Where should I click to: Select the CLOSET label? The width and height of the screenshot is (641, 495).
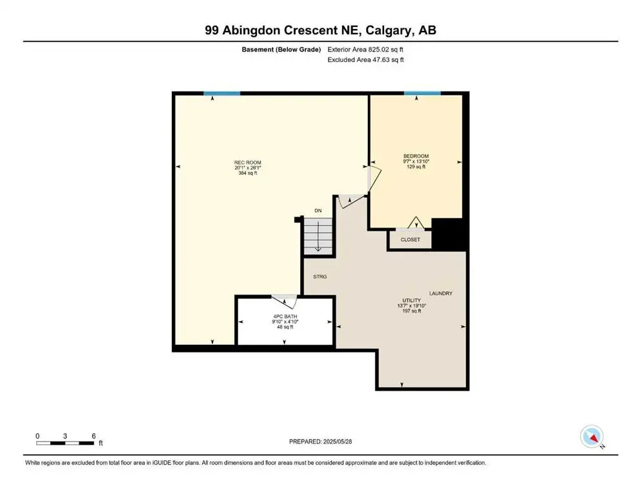point(410,240)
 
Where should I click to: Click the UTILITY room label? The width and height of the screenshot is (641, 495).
point(412,300)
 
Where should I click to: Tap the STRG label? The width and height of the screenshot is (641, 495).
point(320,277)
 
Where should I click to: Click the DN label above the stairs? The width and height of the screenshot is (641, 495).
point(318,211)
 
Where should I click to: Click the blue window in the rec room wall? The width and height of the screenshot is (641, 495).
point(221,93)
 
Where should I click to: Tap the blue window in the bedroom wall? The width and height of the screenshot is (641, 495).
point(422,93)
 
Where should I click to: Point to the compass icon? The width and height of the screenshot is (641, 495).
point(592,436)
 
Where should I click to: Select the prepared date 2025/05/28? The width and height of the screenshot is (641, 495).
point(321,442)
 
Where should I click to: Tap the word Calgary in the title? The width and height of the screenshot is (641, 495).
point(391,30)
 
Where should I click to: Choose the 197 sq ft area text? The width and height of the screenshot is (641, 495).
point(411,311)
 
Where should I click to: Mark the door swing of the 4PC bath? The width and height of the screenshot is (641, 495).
point(284,300)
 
